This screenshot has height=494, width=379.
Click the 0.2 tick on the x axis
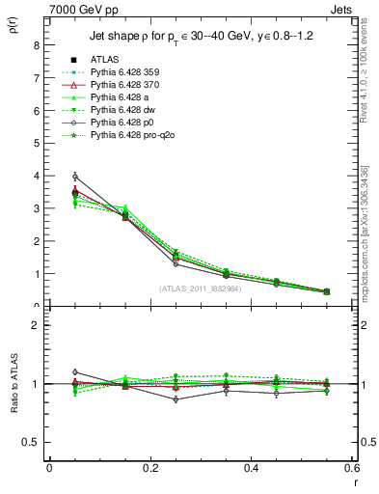click(149, 468)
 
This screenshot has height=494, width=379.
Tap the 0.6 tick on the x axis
click(352, 468)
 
